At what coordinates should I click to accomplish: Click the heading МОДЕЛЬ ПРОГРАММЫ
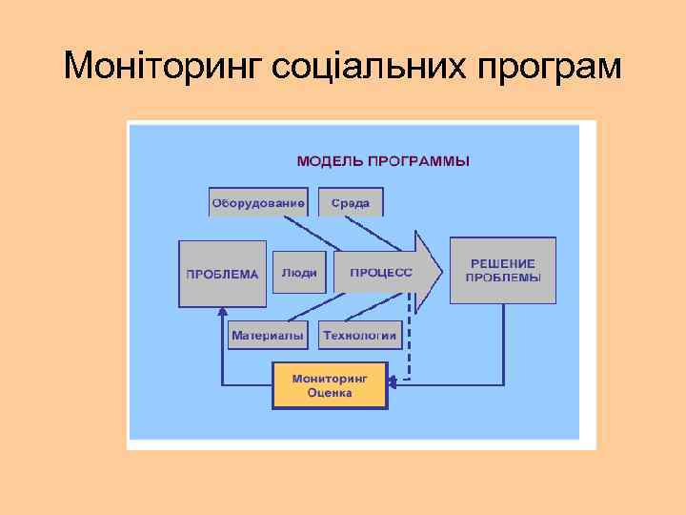(383, 161)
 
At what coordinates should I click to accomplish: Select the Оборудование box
(258, 203)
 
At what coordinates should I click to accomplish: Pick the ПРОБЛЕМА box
(222, 274)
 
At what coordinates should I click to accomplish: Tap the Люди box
(299, 273)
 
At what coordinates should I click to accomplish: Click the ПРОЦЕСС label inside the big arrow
(381, 273)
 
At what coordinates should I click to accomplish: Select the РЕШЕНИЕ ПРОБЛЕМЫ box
(503, 271)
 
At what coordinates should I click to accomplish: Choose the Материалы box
(268, 336)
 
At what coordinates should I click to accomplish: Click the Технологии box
(359, 336)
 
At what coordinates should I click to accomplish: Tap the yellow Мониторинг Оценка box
(330, 385)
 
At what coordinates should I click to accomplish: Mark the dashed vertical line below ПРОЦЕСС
(411, 339)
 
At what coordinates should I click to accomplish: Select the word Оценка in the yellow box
(330, 393)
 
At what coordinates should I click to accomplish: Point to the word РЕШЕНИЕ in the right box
(503, 263)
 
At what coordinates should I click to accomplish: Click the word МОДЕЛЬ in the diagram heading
(329, 161)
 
